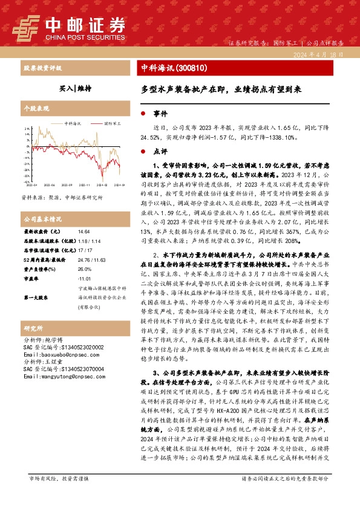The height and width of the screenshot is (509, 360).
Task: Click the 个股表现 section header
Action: [36, 108]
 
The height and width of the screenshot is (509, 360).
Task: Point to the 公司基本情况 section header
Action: [42, 219]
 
